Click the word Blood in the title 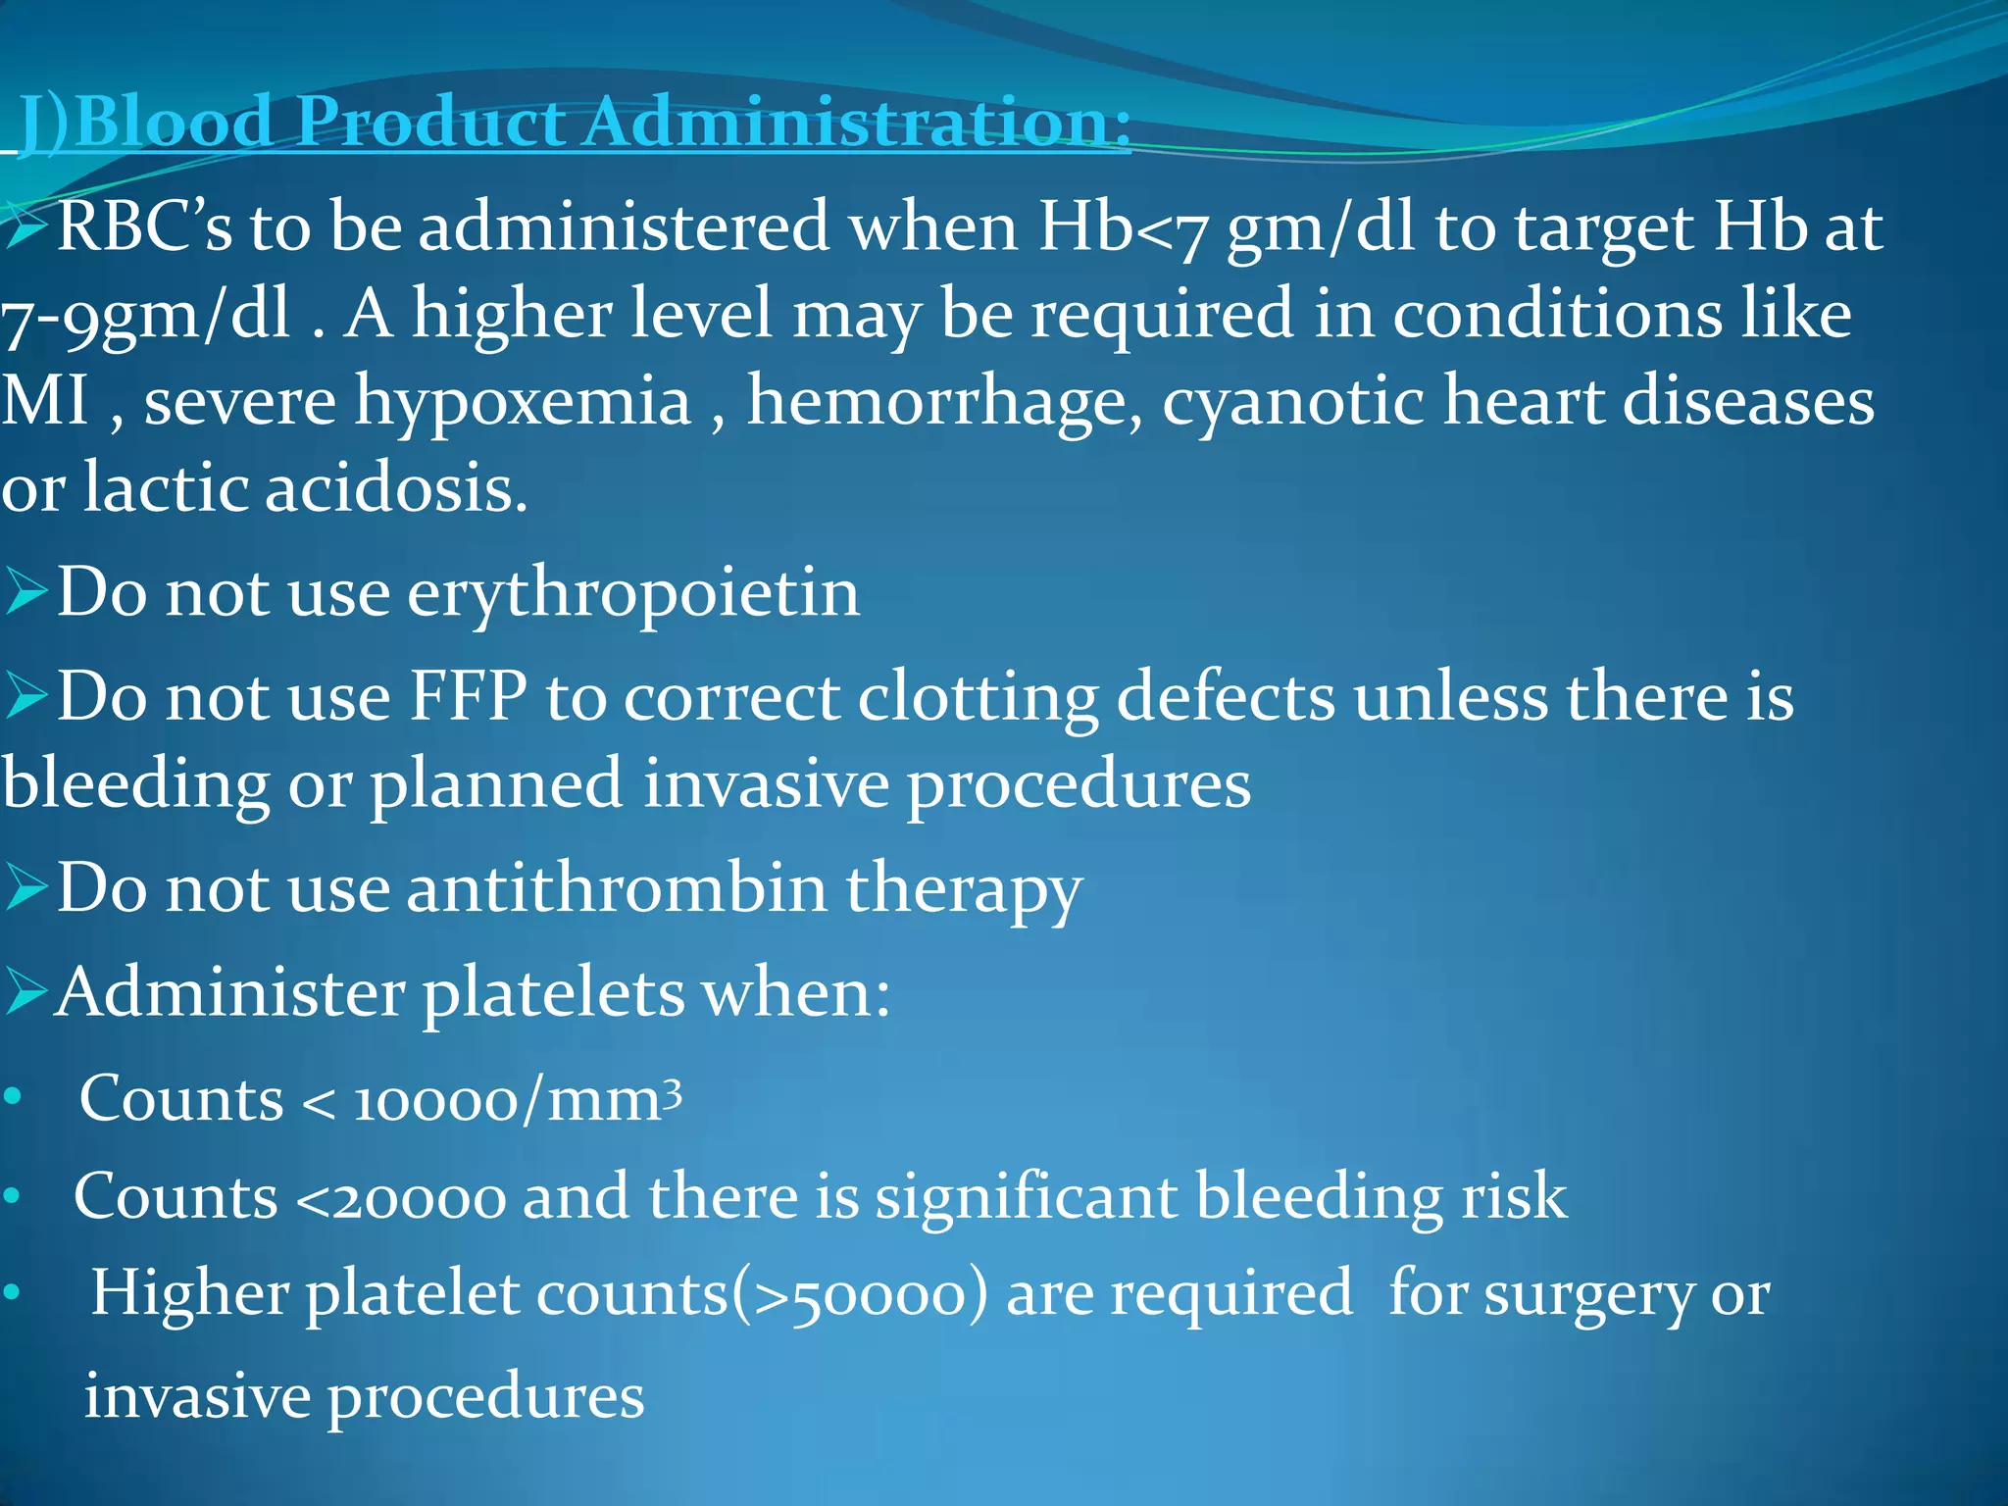click(x=174, y=123)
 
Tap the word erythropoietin click(x=633, y=593)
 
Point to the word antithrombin click(x=617, y=888)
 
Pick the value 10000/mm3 click(x=517, y=1099)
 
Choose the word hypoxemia click(x=523, y=402)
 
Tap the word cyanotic click(x=1292, y=402)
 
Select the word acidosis click(x=396, y=488)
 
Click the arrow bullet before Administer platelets click(x=25, y=992)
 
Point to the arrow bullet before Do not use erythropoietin click(x=25, y=593)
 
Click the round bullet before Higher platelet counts click(x=12, y=1294)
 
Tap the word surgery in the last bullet click(x=1587, y=1294)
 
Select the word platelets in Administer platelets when click(x=553, y=992)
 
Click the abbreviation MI click(x=43, y=402)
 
